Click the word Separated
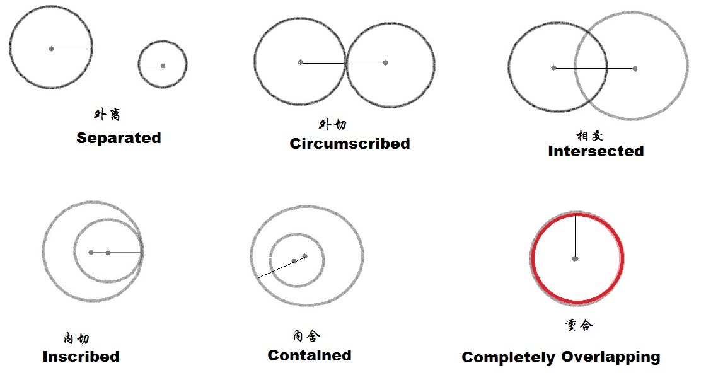coord(119,138)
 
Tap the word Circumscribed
coord(350,144)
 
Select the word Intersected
coord(596,151)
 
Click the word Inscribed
coord(81,357)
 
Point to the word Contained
coord(310,355)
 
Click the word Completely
coord(509,357)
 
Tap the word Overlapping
coord(611,357)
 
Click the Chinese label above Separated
coord(107,114)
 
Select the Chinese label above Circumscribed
coord(333,124)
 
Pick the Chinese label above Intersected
coord(589,135)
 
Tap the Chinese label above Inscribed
coord(76,338)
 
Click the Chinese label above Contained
coord(306,335)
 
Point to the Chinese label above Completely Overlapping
coord(579,325)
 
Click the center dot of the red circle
coord(575,258)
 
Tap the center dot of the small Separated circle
coord(163,66)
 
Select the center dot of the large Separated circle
coord(51,49)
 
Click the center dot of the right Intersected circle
coord(635,69)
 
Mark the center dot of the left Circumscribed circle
coord(300,62)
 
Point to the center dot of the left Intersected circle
coord(554,67)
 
